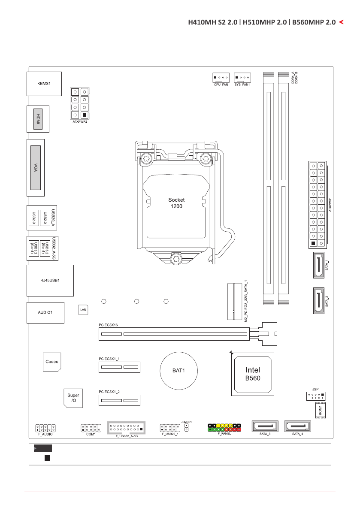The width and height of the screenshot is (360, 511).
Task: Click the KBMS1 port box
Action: [x=43, y=84]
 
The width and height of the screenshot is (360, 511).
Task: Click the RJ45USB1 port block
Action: [x=50, y=281]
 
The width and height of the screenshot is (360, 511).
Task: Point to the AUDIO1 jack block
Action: [x=45, y=313]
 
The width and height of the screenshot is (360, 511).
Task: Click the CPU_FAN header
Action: [x=221, y=78]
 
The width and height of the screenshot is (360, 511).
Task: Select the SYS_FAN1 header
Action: [x=242, y=78]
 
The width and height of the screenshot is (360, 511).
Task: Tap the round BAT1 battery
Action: [x=178, y=370]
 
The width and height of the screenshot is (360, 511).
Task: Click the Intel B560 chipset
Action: [x=252, y=374]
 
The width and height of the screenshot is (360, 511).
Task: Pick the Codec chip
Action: [x=51, y=361]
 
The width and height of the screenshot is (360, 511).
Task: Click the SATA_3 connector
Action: [x=265, y=427]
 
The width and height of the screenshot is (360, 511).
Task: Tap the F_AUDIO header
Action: [x=45, y=428]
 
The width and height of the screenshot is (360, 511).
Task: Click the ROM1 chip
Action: [x=321, y=410]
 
